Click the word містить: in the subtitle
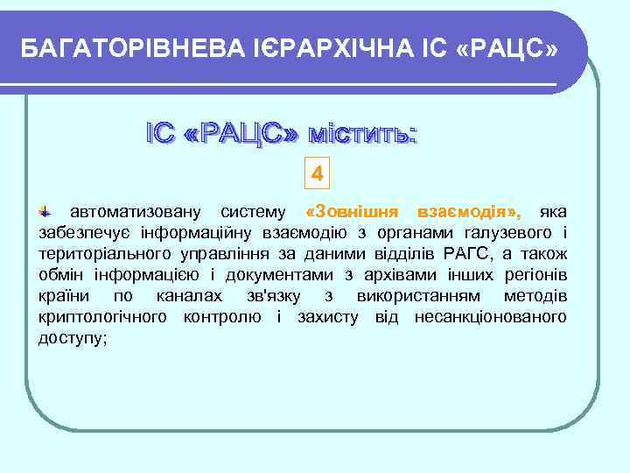360,134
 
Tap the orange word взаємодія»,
470,212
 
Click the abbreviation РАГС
465,254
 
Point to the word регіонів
531,275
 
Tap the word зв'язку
266,296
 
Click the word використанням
410,296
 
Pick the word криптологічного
103,316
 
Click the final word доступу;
73,337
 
